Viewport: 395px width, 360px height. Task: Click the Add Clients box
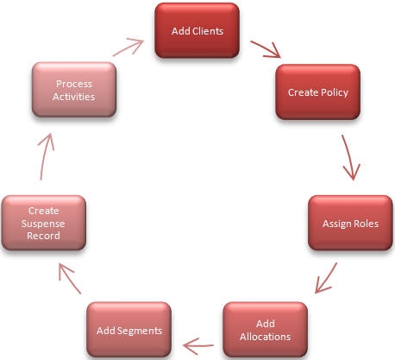197,31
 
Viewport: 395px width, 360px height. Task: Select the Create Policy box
317,92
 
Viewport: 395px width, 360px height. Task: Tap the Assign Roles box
351,224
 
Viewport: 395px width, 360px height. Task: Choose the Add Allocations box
266,330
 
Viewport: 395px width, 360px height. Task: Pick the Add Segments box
129,330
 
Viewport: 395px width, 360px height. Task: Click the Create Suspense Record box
44,223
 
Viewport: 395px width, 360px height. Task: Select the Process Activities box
73,90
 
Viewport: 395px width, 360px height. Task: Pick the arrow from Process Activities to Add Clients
129,47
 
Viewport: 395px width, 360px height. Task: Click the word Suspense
44,223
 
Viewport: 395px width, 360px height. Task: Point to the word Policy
333,92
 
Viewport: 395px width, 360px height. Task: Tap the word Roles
366,224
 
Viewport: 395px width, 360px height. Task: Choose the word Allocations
266,336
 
